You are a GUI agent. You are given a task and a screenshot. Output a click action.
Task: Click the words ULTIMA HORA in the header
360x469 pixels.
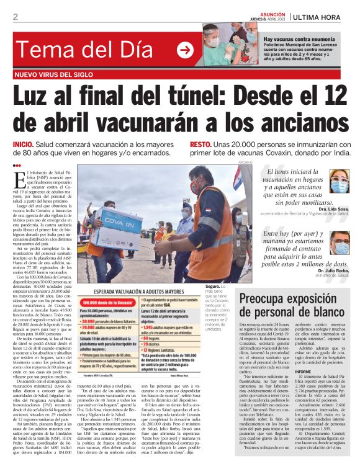[321, 16]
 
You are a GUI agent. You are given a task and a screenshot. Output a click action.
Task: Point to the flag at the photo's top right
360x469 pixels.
[237, 177]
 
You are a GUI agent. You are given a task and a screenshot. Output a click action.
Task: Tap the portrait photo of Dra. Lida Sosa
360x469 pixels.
[339, 184]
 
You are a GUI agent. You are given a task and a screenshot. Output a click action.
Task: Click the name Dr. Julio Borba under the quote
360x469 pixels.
[331, 270]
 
